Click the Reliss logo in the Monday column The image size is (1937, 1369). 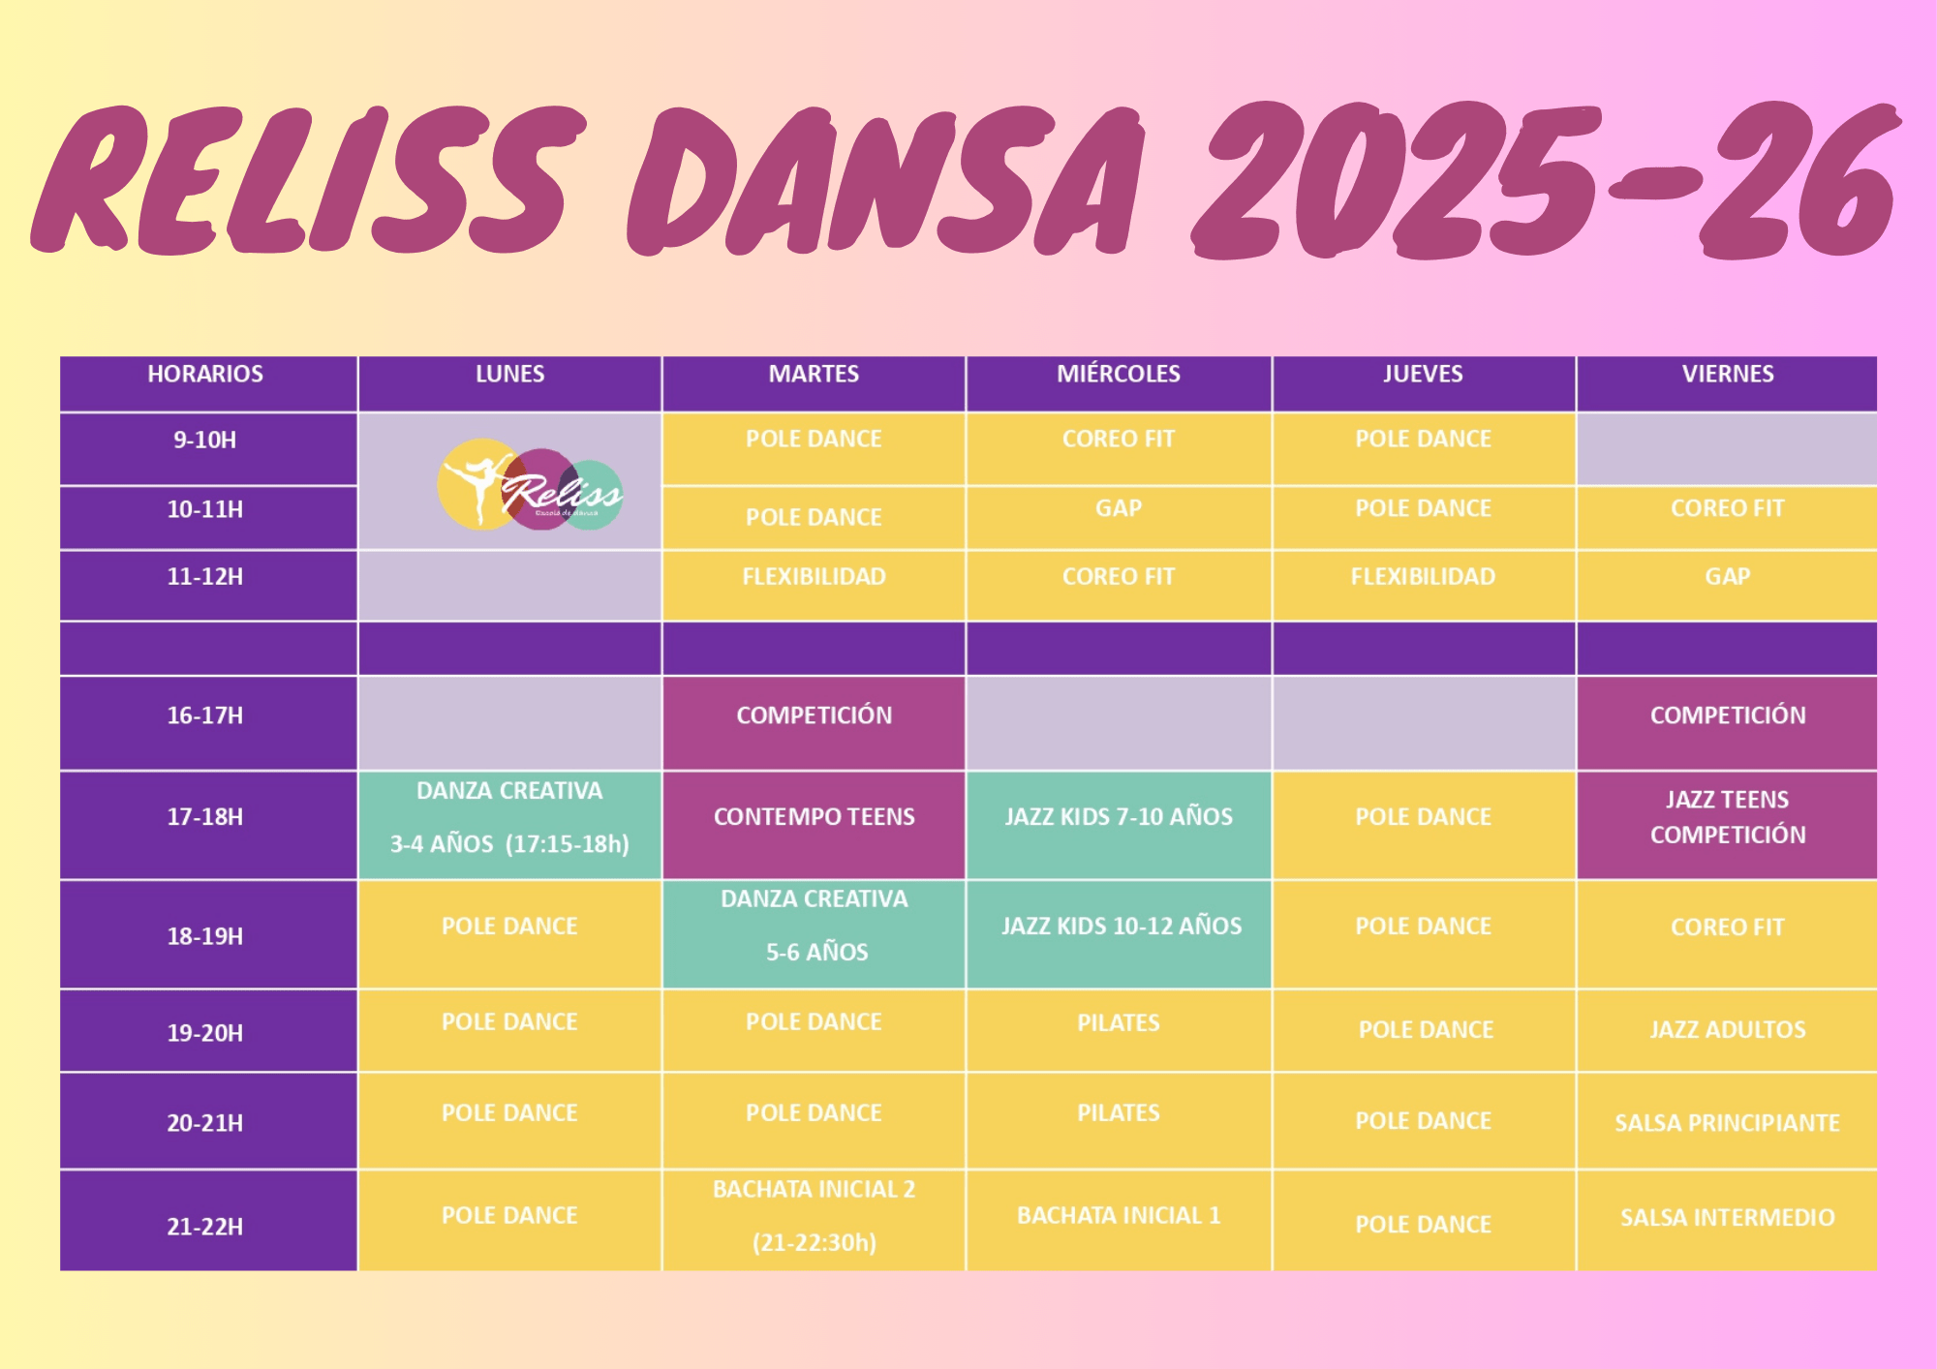530,484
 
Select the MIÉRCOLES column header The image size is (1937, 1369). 1119,383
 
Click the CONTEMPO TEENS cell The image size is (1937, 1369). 814,825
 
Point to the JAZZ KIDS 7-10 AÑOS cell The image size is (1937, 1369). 1119,825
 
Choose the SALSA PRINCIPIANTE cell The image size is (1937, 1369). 1727,1120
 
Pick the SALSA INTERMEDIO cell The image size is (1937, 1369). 1727,1220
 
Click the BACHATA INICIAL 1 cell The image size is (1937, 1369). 1119,1220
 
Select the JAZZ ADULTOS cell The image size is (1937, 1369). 1727,1030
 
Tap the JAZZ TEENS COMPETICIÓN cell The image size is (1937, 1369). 1727,825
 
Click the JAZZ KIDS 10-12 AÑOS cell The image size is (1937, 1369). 1119,934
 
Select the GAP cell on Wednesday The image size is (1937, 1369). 1119,518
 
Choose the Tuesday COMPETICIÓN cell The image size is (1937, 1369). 814,723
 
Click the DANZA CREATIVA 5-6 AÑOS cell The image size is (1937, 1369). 814,934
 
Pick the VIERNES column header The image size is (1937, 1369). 1727,383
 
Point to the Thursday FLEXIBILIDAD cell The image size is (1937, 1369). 1424,585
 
